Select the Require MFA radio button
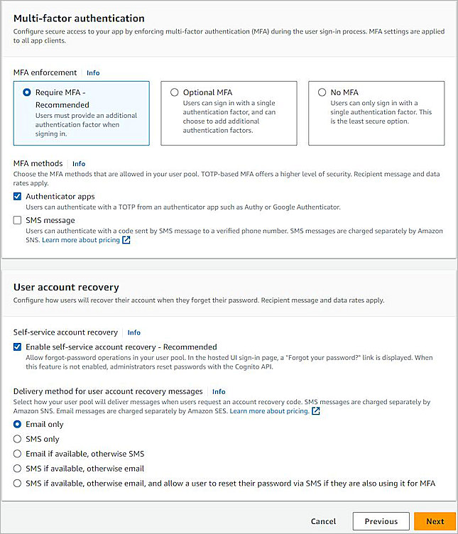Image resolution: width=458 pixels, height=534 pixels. (x=27, y=92)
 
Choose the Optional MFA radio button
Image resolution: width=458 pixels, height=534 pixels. (x=175, y=92)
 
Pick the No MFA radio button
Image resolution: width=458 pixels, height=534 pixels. (x=322, y=92)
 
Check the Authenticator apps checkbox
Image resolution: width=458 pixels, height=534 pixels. (x=18, y=197)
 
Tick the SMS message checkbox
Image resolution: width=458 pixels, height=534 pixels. (x=18, y=221)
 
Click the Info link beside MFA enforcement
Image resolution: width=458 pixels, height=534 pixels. (x=93, y=72)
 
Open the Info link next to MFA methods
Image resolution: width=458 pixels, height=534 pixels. (x=79, y=163)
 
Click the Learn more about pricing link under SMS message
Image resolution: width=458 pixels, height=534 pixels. (x=81, y=241)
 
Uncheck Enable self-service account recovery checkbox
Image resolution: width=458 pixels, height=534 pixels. (x=18, y=346)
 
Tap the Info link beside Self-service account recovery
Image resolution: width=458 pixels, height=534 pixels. (x=133, y=332)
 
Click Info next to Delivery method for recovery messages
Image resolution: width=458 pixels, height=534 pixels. (x=219, y=391)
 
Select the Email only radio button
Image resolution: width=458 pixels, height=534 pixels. (x=18, y=425)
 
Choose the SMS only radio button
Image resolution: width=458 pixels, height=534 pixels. (x=18, y=440)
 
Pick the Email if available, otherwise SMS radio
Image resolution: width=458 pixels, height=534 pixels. (x=18, y=454)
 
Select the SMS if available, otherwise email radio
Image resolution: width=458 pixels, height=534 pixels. (x=18, y=469)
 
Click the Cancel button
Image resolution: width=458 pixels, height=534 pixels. (x=323, y=521)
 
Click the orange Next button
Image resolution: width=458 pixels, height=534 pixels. (x=435, y=521)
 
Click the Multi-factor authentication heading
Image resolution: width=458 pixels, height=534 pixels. (x=79, y=18)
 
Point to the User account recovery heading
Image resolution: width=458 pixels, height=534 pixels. (x=66, y=287)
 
